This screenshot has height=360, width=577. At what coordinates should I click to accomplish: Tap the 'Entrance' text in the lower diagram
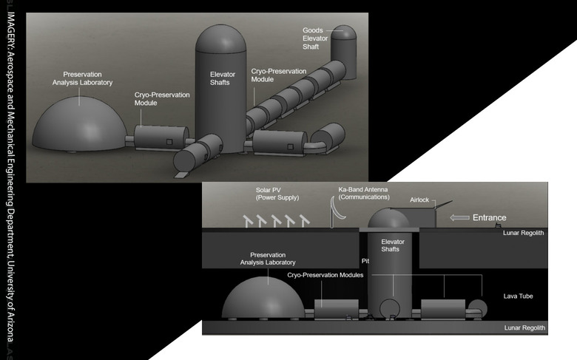click(x=490, y=217)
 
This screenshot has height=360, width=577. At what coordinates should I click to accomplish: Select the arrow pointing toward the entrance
click(x=459, y=217)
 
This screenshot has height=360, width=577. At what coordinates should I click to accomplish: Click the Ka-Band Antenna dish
click(x=339, y=213)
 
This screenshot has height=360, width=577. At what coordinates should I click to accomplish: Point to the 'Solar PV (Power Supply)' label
click(x=275, y=194)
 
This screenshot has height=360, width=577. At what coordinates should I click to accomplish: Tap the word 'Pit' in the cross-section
click(x=365, y=261)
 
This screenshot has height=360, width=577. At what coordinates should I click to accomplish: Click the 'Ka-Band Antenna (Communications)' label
click(x=364, y=194)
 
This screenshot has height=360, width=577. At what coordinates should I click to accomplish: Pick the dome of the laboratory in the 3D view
click(x=79, y=122)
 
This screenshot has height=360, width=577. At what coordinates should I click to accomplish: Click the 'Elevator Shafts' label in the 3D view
click(x=220, y=78)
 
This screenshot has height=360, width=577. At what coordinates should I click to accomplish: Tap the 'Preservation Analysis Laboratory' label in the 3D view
click(x=88, y=78)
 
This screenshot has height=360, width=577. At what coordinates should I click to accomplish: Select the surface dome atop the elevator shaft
click(x=389, y=220)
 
